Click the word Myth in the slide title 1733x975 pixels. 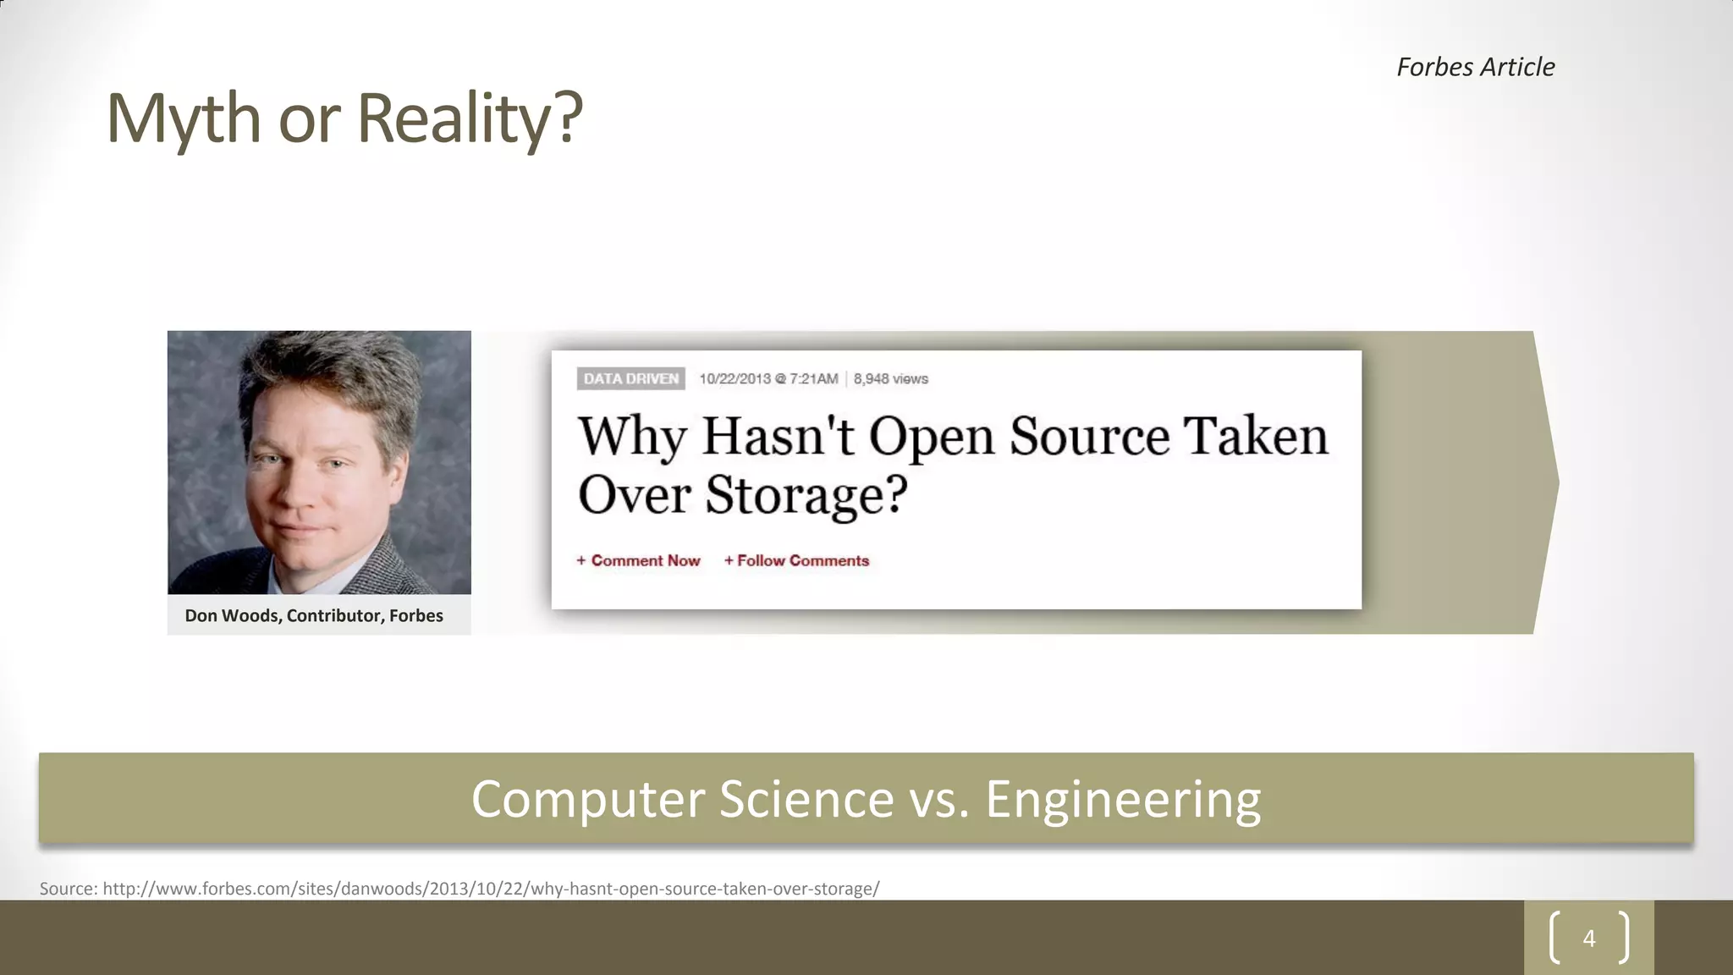pos(183,118)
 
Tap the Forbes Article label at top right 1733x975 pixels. pos(1475,67)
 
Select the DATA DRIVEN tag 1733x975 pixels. pos(630,378)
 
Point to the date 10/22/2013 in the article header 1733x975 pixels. pos(734,378)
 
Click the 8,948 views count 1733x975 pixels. pos(890,378)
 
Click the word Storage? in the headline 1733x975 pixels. pos(806,494)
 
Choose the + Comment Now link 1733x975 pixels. pos(639,560)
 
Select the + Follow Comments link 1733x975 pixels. pos(796,560)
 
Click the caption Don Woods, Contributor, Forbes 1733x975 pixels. pos(314,615)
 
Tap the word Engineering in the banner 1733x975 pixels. pos(1122,799)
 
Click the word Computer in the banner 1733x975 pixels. pos(587,799)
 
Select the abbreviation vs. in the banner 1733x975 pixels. pos(938,799)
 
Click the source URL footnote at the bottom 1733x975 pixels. pos(459,889)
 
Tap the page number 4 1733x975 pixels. pos(1588,938)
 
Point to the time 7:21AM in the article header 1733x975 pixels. pos(813,378)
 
